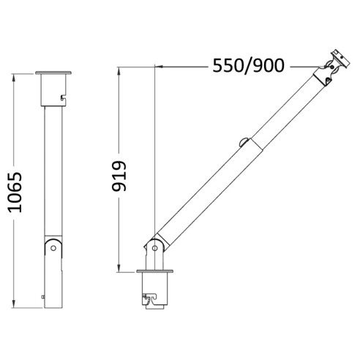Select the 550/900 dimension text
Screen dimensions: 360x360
(248, 66)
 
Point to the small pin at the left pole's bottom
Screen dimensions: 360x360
(44, 297)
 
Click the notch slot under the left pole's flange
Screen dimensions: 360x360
(63, 96)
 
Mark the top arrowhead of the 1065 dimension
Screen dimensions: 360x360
(15, 76)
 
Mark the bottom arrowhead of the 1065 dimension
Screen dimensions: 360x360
(15, 303)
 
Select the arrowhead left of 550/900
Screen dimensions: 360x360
(160, 67)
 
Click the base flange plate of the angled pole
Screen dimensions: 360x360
(155, 273)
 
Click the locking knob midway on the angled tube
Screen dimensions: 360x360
(243, 142)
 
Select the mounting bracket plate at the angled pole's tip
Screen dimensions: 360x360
(338, 56)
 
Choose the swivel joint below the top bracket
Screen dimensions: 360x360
(327, 71)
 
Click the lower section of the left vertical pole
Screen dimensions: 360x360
(53, 282)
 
